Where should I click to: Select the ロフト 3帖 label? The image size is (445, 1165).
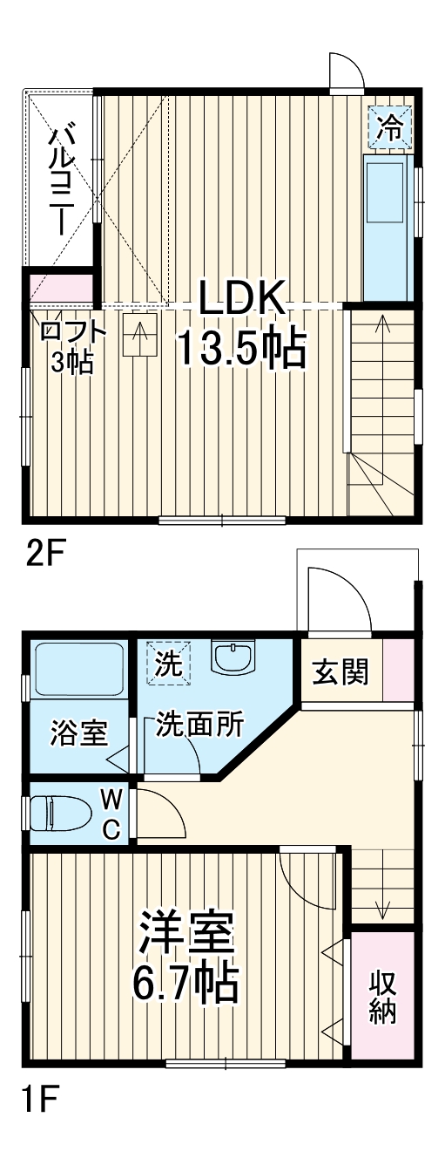73,346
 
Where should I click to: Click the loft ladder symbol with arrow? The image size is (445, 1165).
139,334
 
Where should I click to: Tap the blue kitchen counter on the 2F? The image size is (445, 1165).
383,227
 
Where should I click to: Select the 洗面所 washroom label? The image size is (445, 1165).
199,726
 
